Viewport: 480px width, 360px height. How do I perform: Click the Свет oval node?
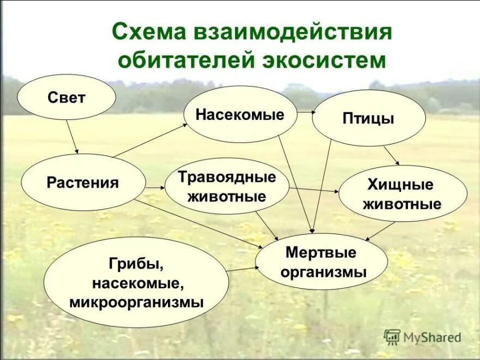point(67,98)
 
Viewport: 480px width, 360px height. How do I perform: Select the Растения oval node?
point(83,182)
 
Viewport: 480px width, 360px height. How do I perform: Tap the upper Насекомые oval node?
point(240,115)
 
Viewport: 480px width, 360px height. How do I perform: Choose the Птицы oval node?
point(369,118)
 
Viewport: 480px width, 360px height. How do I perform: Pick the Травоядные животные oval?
point(227,186)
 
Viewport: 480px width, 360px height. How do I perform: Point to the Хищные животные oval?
point(403,194)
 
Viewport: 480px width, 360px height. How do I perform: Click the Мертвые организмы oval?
point(321,261)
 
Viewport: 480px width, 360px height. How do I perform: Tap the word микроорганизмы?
point(136,302)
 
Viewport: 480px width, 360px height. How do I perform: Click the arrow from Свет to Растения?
point(73,136)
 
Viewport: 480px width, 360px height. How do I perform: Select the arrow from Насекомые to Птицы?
point(307,113)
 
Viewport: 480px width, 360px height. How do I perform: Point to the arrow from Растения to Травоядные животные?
point(155,188)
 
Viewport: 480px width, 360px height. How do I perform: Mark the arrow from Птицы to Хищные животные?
point(392,155)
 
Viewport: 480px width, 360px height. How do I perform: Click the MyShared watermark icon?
point(392,337)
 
